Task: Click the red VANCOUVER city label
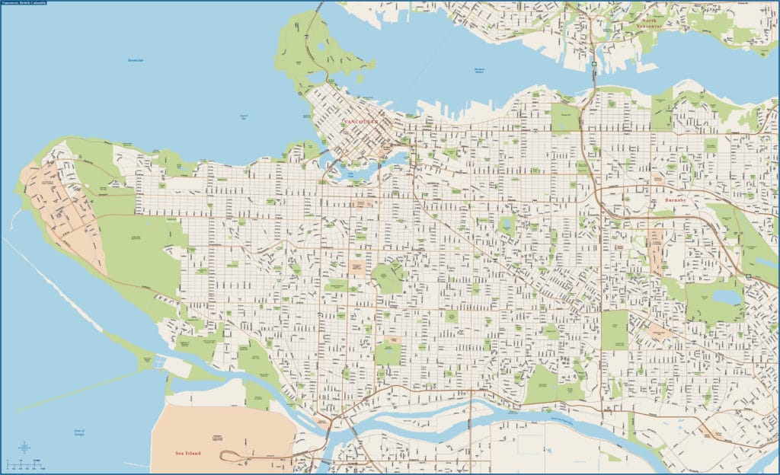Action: pyautogui.click(x=361, y=122)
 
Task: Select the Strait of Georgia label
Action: pyautogui.click(x=78, y=434)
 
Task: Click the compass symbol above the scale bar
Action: pyautogui.click(x=24, y=447)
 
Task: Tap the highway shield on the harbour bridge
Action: pyautogui.click(x=593, y=64)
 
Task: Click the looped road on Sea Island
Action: pyautogui.click(x=229, y=455)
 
